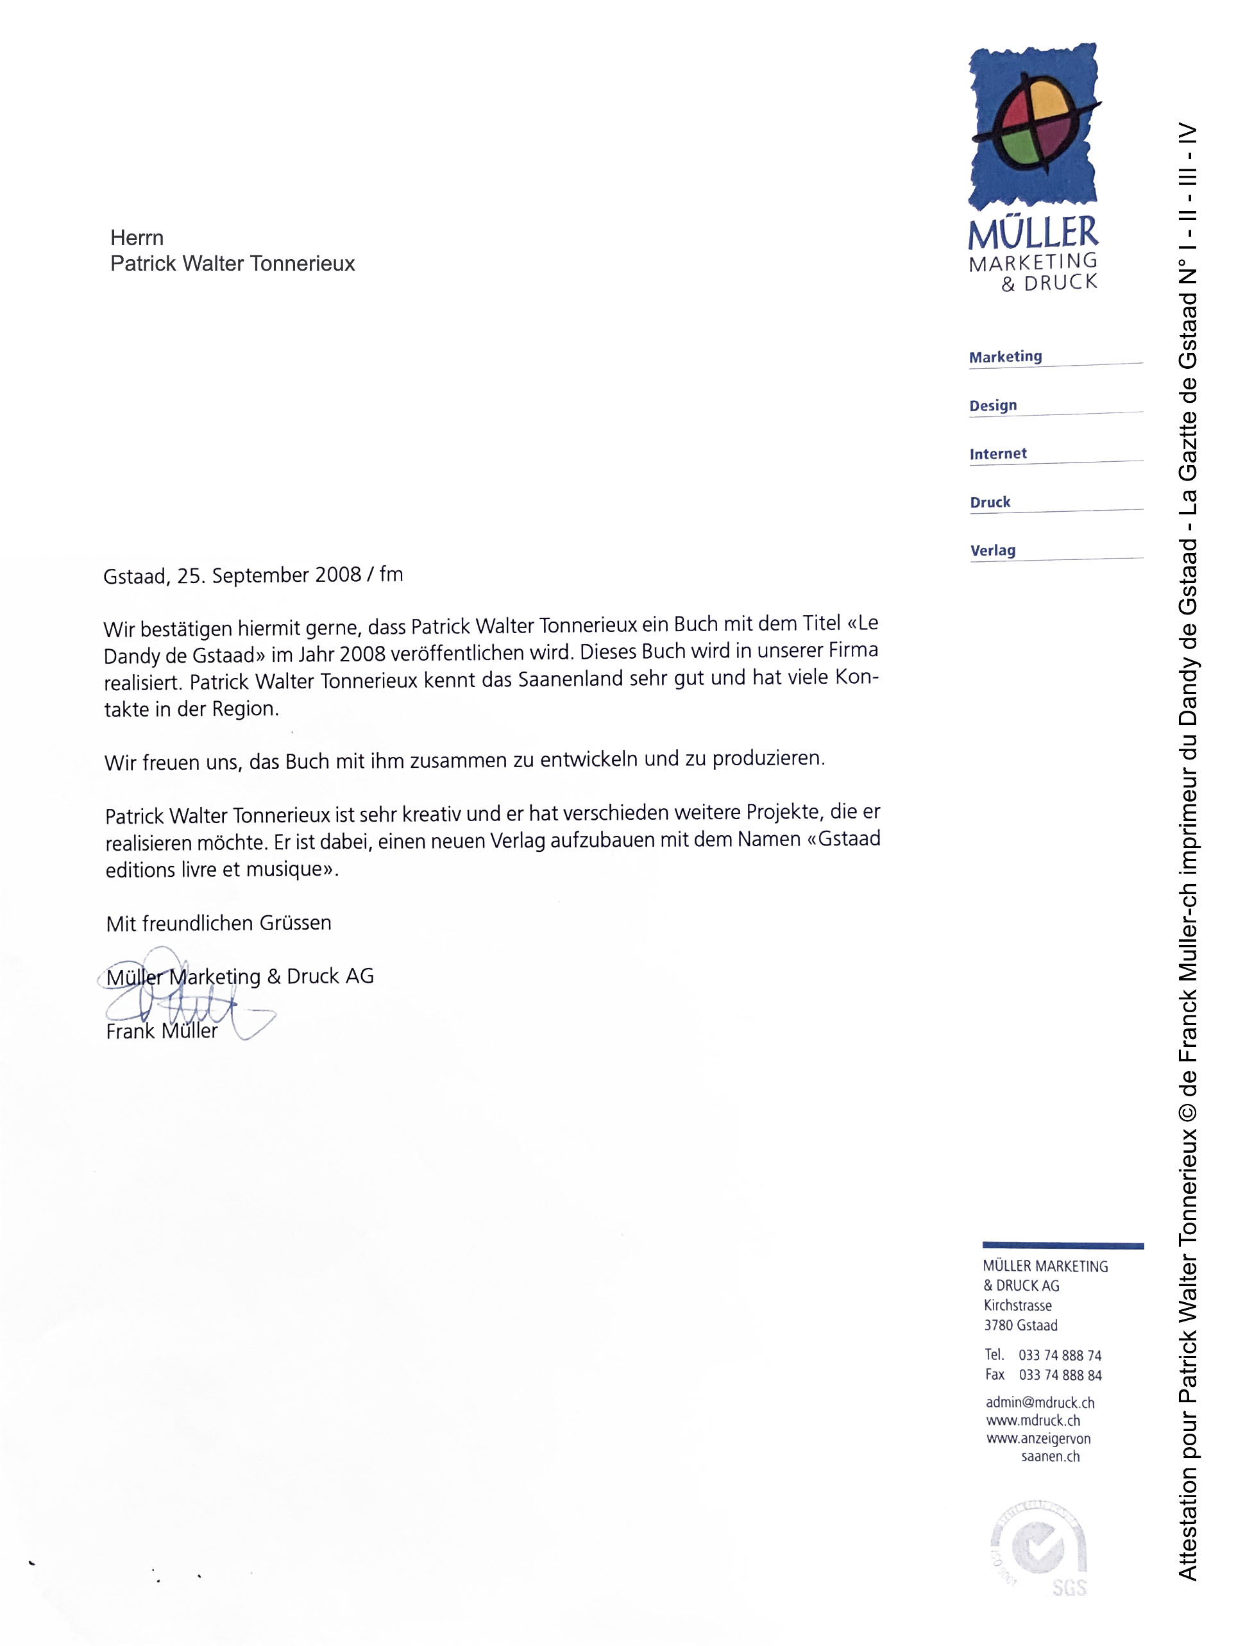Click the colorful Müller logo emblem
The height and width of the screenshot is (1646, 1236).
click(1033, 124)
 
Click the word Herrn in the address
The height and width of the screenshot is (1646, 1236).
click(137, 237)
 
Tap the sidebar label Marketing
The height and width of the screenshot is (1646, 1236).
click(1005, 357)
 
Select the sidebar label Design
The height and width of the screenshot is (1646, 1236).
click(993, 405)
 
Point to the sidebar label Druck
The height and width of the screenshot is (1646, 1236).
click(990, 502)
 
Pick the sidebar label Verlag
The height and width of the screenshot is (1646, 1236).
click(993, 550)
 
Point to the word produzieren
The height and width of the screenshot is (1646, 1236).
click(768, 759)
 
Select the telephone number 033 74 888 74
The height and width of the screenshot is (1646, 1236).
click(1060, 1356)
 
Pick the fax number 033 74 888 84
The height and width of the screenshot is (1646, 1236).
click(1060, 1375)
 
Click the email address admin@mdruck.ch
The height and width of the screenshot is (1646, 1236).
click(1040, 1403)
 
